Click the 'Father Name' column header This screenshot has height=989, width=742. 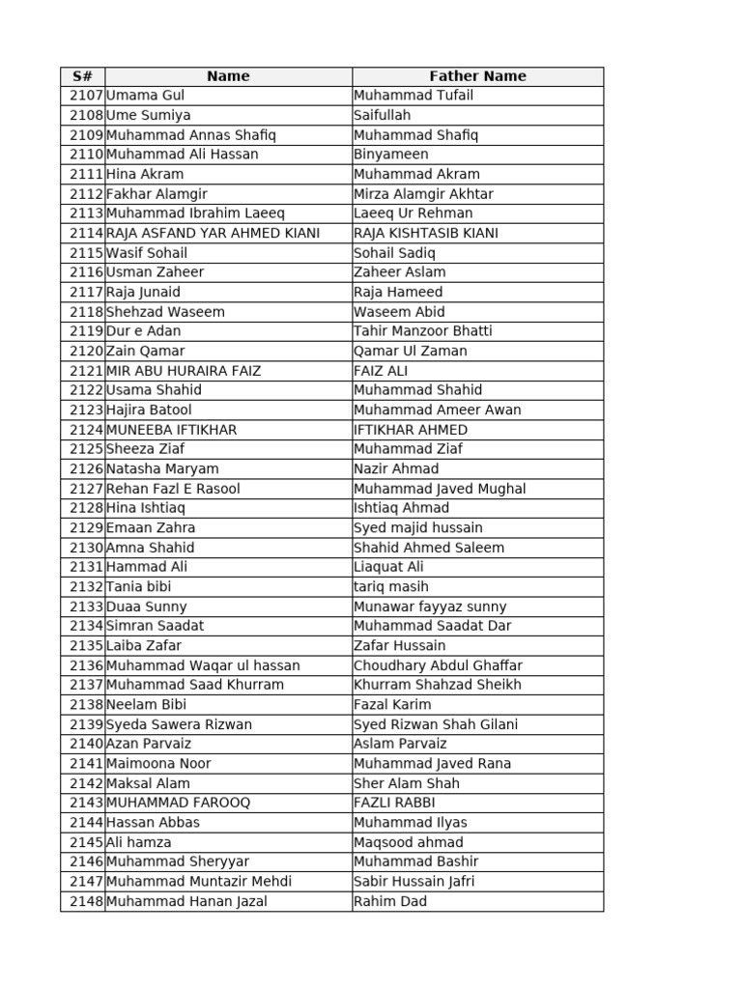[477, 76]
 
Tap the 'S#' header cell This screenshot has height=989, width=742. [82, 76]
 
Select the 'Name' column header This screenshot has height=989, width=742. [228, 76]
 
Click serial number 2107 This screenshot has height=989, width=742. [86, 96]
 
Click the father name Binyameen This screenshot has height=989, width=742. [390, 155]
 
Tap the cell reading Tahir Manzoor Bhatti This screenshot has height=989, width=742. [422, 331]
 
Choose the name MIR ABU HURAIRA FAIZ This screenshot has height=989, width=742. [184, 371]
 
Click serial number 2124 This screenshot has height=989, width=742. [86, 430]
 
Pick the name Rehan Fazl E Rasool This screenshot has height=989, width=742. [173, 489]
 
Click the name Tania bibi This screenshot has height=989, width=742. [139, 587]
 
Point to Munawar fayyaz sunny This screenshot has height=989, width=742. [430, 607]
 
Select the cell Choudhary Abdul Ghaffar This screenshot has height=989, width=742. [438, 665]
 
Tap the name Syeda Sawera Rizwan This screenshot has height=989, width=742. [179, 724]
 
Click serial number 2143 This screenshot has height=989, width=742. [86, 803]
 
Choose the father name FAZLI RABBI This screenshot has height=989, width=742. [394, 803]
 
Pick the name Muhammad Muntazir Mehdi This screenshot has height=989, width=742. [198, 882]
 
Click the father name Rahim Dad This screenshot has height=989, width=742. [389, 901]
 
